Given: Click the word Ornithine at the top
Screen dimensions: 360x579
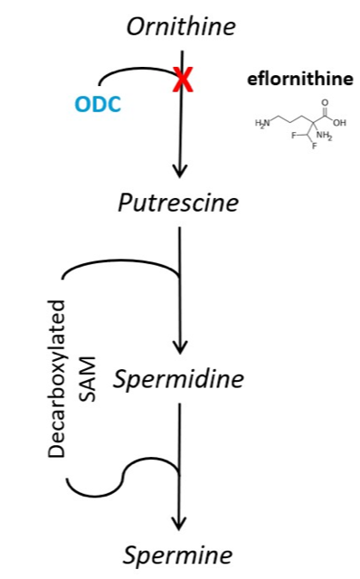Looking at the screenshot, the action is click(x=181, y=26).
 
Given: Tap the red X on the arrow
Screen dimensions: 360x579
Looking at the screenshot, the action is click(x=183, y=81).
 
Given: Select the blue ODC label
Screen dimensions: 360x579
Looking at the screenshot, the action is click(x=98, y=104).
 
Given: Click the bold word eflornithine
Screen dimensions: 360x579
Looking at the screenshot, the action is click(x=299, y=80).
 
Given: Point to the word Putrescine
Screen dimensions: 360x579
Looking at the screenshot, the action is click(x=178, y=203).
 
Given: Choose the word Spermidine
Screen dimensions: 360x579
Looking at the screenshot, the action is click(x=178, y=379).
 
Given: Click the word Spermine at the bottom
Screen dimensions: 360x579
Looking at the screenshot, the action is click(x=177, y=555).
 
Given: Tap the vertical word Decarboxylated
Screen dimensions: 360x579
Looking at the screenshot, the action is click(x=56, y=379).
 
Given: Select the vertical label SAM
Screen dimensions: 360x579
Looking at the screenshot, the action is click(x=88, y=379).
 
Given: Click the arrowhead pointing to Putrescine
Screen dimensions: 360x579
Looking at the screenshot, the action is click(x=180, y=171).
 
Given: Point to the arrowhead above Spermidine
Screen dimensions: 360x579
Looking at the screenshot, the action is click(x=180, y=347).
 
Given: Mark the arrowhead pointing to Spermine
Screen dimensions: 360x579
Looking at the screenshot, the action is click(x=179, y=524).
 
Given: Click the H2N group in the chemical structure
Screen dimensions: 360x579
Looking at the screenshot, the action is click(x=262, y=124).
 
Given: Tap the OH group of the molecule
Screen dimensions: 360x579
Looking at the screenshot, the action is click(x=340, y=122).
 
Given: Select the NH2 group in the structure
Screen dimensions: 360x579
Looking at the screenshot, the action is click(x=324, y=136).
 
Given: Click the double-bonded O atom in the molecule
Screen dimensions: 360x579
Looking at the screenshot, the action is click(x=325, y=102).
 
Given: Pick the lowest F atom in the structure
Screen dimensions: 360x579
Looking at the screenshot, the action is click(x=314, y=147).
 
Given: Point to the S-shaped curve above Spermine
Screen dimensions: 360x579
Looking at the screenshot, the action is click(x=123, y=477).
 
